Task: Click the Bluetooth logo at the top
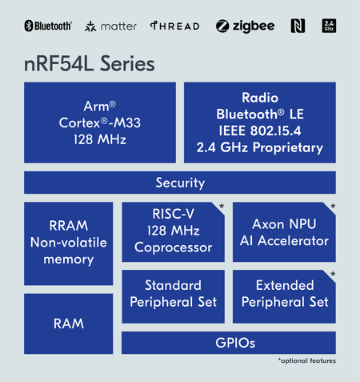pyautogui.click(x=48, y=26)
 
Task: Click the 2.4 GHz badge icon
pyautogui.click(x=328, y=26)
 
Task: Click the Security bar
pyautogui.click(x=180, y=183)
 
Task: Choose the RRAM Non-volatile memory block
pyautogui.click(x=68, y=242)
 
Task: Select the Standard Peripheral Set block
pyautogui.click(x=172, y=294)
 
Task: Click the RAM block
pyautogui.click(x=68, y=324)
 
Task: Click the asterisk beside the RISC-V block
pyautogui.click(x=222, y=207)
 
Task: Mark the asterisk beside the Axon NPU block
pyautogui.click(x=332, y=207)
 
